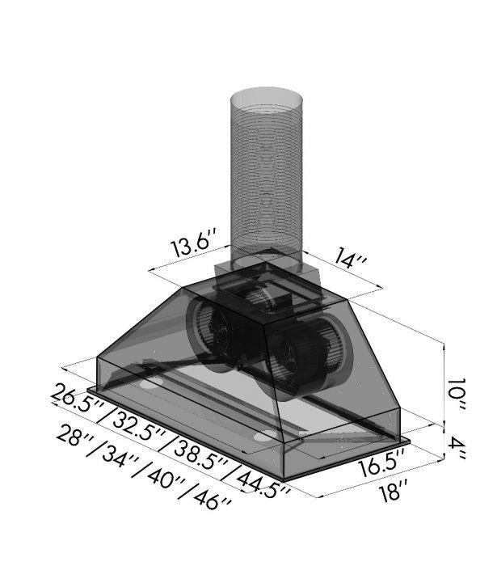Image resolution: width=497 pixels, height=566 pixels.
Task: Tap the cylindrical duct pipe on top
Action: pyautogui.click(x=266, y=178)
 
